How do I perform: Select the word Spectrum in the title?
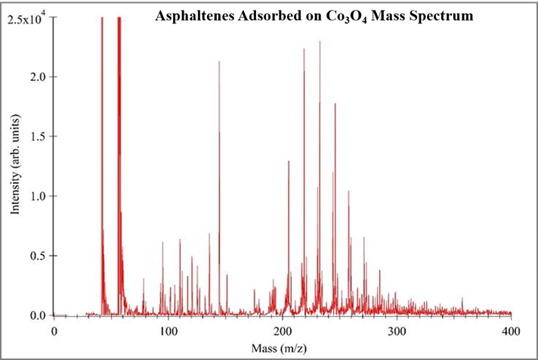(444, 16)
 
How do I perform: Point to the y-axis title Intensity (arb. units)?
(16, 168)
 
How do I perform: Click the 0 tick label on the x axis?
(54, 332)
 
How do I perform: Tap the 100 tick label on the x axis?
(168, 332)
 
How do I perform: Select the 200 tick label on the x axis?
(282, 332)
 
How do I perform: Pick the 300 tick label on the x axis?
(397, 332)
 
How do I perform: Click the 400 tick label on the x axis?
(511, 332)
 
